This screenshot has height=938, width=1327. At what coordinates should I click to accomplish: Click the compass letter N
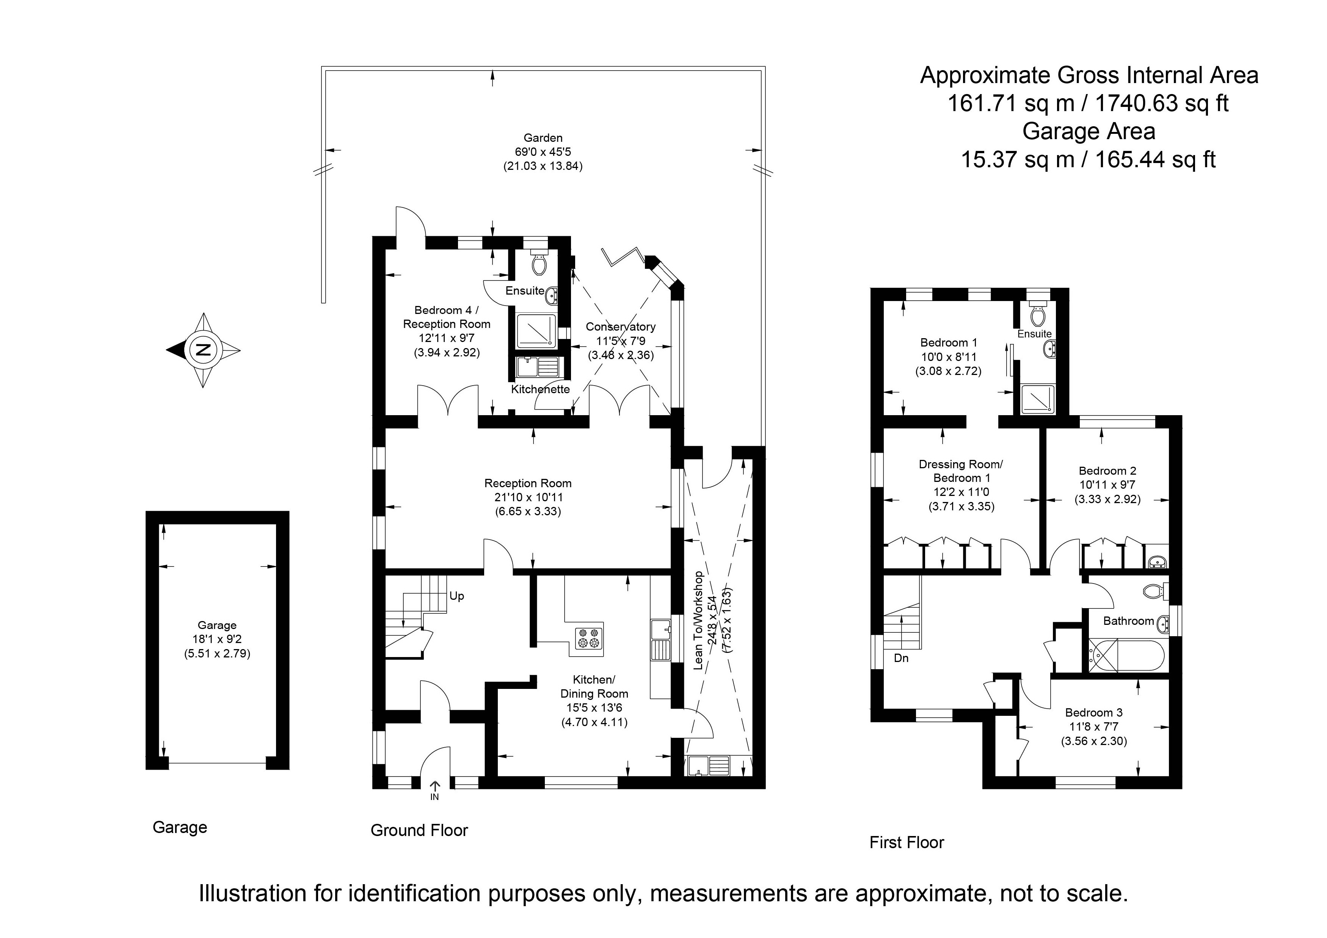[x=203, y=350]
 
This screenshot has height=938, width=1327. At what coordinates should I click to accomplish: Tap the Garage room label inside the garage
[x=217, y=625]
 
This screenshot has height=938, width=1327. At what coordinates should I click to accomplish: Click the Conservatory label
[x=620, y=326]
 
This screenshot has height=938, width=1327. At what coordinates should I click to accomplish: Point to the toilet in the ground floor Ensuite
[x=539, y=265]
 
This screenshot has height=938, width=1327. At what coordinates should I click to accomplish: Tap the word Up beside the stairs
[x=456, y=596]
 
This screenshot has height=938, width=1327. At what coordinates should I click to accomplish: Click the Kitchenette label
[x=540, y=389]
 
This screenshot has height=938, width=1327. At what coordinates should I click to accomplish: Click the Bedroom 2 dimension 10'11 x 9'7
[x=1107, y=485]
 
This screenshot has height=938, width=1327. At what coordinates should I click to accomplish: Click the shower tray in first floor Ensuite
[x=1037, y=399]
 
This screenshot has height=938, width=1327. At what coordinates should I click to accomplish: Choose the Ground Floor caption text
[x=419, y=830]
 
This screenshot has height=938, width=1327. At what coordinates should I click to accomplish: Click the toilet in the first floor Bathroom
[x=1154, y=591]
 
